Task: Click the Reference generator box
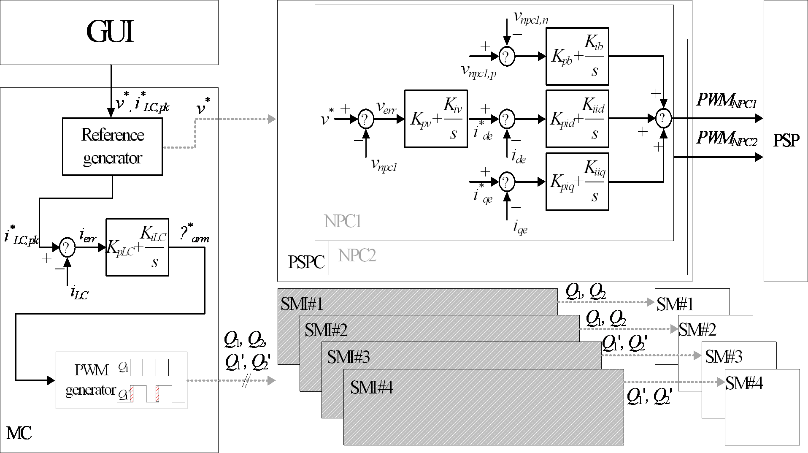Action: (112, 146)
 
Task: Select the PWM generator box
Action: (121, 380)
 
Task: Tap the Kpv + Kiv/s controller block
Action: (436, 119)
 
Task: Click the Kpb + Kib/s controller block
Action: (577, 57)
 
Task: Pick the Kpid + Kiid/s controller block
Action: (577, 119)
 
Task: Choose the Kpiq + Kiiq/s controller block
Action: (577, 182)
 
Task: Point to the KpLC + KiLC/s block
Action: (137, 247)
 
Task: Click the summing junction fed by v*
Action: (365, 119)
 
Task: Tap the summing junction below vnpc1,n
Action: (507, 57)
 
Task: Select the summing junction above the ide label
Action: (507, 119)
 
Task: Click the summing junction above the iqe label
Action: (507, 182)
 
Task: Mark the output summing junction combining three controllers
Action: (664, 119)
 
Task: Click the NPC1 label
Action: (342, 221)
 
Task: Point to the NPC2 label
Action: (357, 255)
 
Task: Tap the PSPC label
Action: (306, 262)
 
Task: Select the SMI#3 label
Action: (348, 357)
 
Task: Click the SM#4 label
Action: (744, 383)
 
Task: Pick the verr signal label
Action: (387, 109)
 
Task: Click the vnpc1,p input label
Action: (478, 72)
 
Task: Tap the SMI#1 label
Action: (302, 304)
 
